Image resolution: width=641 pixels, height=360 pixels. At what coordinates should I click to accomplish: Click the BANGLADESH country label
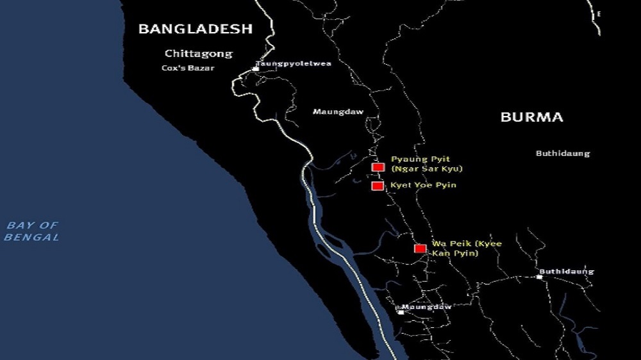tap(196, 29)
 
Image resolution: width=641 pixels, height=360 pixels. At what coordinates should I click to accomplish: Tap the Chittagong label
tap(198, 54)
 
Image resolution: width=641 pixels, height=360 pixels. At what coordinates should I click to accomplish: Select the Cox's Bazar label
tap(188, 68)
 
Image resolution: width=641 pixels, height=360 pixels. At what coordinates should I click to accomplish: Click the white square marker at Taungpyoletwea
tap(256, 68)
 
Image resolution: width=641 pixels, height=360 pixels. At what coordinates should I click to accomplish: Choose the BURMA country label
tap(532, 117)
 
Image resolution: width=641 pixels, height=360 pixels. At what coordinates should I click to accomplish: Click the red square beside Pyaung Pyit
tap(378, 167)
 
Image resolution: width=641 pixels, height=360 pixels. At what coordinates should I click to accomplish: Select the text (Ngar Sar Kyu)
tap(426, 169)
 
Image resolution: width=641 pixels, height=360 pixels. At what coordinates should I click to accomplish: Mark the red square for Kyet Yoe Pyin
tap(378, 186)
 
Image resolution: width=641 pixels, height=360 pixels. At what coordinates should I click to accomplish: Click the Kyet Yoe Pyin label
tap(423, 186)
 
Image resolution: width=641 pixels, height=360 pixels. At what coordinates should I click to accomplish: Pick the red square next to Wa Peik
tap(420, 249)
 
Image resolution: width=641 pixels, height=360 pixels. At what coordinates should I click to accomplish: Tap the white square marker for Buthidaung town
tap(540, 277)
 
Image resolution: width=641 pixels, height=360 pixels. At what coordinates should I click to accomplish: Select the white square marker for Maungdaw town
tap(401, 312)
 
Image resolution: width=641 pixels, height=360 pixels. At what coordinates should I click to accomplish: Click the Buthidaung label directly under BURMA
tap(562, 154)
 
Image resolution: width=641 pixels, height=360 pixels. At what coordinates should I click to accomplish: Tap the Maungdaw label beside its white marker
tap(427, 307)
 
